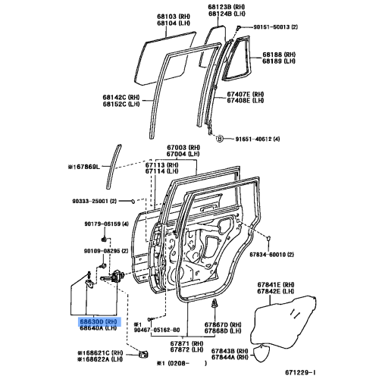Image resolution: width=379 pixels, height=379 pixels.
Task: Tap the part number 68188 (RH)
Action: point(278,55)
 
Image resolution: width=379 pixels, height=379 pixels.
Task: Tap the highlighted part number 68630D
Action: point(99,321)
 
